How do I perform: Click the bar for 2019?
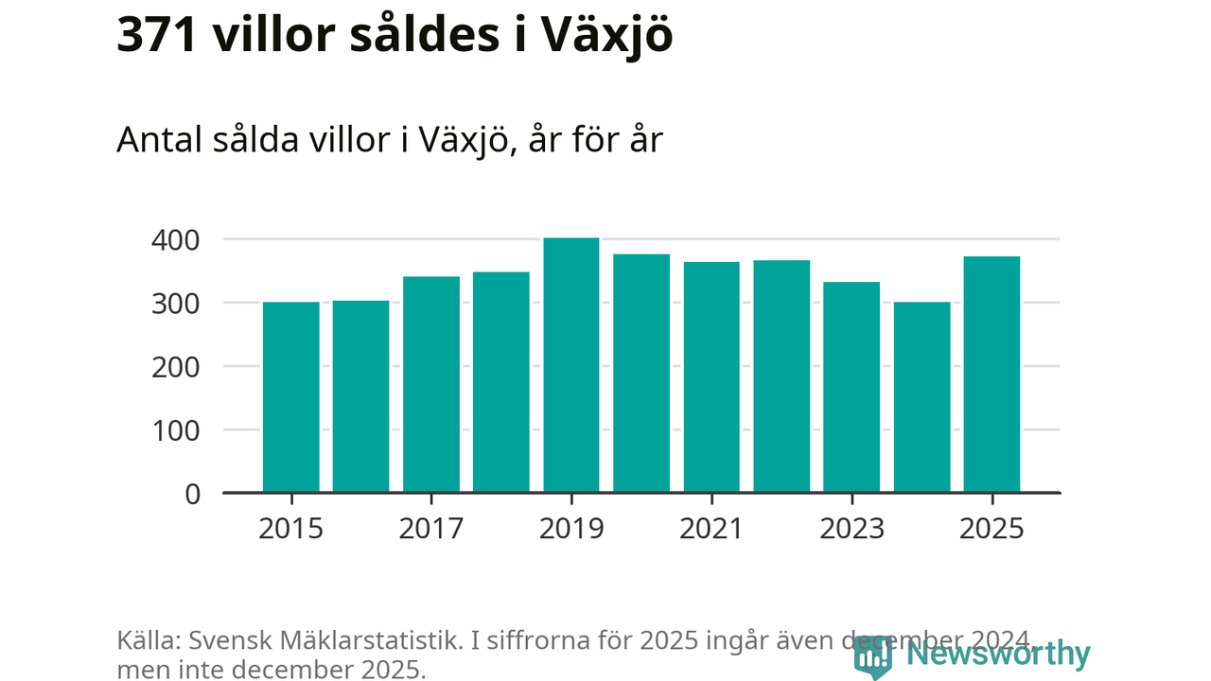tap(571, 365)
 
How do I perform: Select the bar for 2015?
tap(290, 397)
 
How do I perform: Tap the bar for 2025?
tap(992, 375)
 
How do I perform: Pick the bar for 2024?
tap(921, 397)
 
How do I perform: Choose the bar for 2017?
tap(431, 384)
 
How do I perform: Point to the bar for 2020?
tap(641, 374)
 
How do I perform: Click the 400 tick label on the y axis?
tap(176, 240)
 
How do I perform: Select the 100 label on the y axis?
tap(176, 430)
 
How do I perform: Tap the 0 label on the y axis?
tap(193, 494)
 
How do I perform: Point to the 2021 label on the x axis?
tap(711, 528)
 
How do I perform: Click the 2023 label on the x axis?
tap(851, 528)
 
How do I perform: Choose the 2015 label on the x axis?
tap(290, 528)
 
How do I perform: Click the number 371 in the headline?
tap(156, 35)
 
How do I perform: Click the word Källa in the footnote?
tap(148, 639)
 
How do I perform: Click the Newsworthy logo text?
tap(997, 654)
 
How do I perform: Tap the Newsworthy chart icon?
tap(872, 656)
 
